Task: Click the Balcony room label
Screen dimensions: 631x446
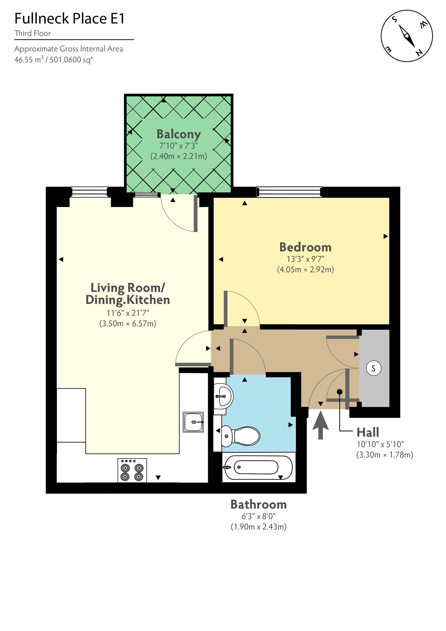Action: coord(179,134)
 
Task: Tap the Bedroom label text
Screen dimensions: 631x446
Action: coord(305,247)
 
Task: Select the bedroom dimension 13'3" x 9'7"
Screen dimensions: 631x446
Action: coord(305,259)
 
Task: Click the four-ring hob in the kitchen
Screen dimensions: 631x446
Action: coord(132,470)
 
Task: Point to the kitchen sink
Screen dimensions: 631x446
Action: coord(194,422)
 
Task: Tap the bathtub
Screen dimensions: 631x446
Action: coord(258,468)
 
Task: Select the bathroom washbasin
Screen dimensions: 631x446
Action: coord(223,396)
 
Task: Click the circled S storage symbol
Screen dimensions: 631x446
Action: coord(373,368)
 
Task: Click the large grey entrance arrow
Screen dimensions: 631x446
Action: coord(321,425)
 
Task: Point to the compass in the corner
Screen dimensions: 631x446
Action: coord(407,36)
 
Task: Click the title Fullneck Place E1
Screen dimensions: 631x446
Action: coord(69,19)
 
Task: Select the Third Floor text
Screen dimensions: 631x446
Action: coord(33,34)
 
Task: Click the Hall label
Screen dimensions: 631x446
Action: coord(368,432)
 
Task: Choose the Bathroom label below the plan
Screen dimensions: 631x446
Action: coord(258,504)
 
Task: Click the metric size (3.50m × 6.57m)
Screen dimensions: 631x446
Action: coord(127,324)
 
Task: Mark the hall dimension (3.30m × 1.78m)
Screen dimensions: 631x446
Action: coord(384,455)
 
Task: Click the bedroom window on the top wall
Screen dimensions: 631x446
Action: coord(289,192)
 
